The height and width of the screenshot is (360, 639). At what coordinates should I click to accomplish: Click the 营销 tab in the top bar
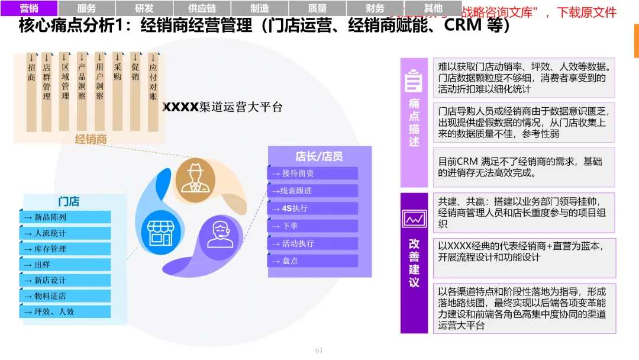(x=29, y=8)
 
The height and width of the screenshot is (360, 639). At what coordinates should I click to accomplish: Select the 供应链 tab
(x=202, y=8)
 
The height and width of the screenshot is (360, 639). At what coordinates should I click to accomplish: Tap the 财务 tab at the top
(x=375, y=8)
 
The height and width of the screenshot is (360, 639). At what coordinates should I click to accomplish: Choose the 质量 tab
(x=317, y=8)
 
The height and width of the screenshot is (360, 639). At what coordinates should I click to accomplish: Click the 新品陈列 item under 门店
(x=67, y=217)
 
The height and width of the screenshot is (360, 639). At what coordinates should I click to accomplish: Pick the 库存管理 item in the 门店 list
(x=67, y=249)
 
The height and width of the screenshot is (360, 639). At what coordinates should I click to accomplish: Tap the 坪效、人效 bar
(x=67, y=311)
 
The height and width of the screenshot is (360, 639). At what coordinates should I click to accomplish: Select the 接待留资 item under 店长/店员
(x=313, y=173)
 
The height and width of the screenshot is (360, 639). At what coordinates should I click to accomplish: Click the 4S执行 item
(x=313, y=208)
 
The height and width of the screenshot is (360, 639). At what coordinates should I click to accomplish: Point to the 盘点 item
(x=313, y=261)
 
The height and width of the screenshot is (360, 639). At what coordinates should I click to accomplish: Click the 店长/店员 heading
(x=319, y=156)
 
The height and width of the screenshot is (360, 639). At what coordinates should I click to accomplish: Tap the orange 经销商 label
(x=91, y=139)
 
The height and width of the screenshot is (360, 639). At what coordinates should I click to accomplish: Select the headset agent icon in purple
(x=220, y=233)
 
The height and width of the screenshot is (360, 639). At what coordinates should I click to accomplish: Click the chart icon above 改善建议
(x=414, y=218)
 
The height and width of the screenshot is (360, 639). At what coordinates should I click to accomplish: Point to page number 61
(x=319, y=350)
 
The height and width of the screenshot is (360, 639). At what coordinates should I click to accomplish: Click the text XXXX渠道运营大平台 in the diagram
(x=222, y=107)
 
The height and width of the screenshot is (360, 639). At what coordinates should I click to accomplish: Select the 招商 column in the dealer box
(x=31, y=74)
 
